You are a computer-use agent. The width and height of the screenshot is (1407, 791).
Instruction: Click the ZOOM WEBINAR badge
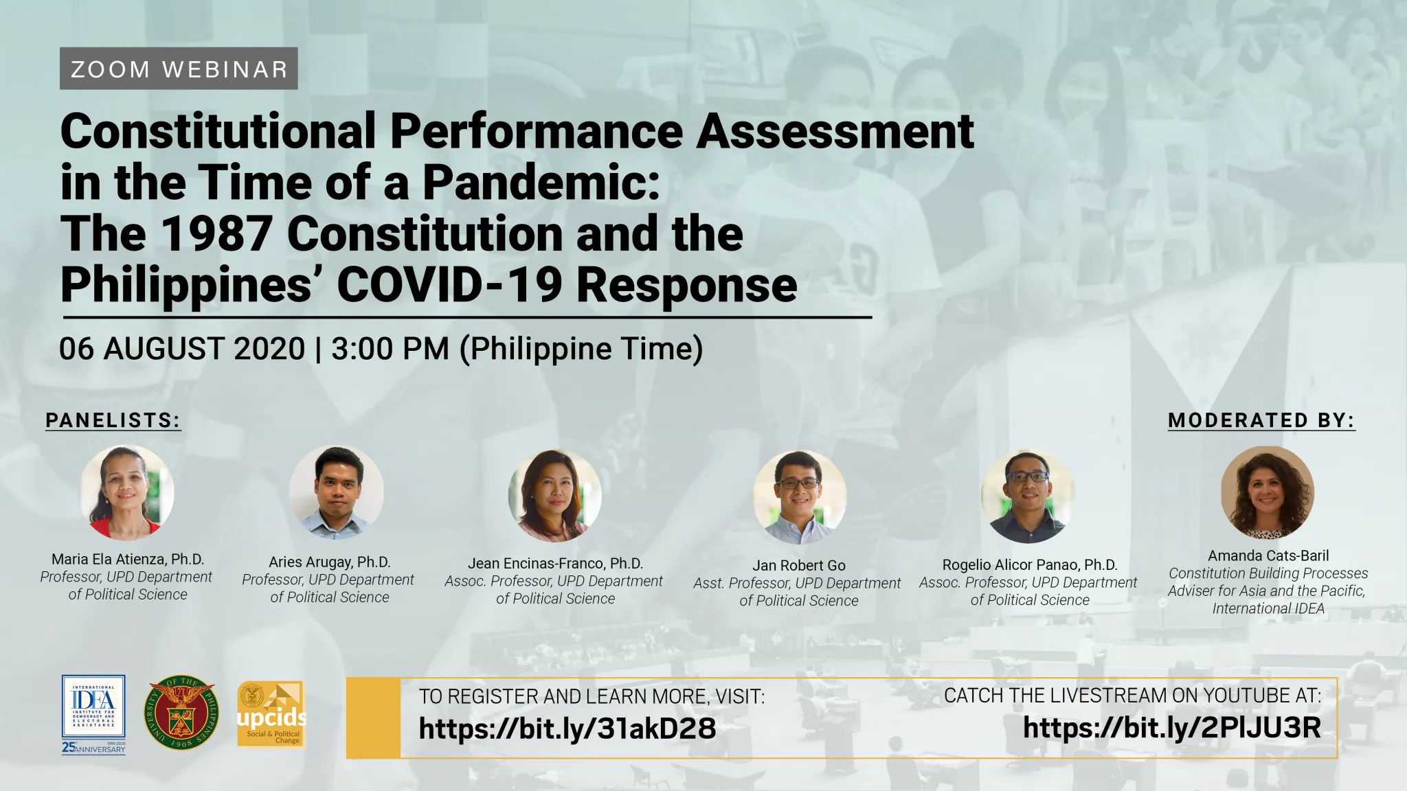(x=179, y=68)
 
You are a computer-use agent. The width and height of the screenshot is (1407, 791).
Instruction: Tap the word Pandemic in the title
(x=541, y=183)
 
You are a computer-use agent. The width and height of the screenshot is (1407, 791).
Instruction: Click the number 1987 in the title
(x=216, y=234)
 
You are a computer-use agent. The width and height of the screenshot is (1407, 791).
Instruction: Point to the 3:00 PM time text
(x=390, y=349)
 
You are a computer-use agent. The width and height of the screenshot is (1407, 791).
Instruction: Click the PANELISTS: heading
(x=113, y=420)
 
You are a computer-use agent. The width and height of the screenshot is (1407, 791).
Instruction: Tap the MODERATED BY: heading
(x=1261, y=420)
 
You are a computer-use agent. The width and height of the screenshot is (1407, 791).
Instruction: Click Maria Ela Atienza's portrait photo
(x=127, y=492)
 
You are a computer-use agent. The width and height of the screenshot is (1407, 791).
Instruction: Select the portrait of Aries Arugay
(x=336, y=492)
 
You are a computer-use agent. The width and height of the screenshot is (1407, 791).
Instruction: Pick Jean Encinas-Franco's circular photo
(x=555, y=496)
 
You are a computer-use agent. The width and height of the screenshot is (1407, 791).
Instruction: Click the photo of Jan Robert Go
(x=800, y=497)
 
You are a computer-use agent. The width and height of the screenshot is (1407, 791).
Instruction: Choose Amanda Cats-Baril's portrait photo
(x=1268, y=493)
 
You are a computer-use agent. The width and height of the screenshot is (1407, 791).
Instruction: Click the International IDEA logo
(x=93, y=714)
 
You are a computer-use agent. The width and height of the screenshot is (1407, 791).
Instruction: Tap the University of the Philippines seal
(x=181, y=711)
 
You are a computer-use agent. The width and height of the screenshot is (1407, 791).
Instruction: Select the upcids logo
(x=271, y=714)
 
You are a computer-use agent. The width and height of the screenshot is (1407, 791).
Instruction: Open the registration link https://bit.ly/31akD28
(x=567, y=729)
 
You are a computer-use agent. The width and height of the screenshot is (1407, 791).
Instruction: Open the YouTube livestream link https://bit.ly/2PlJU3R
(x=1172, y=728)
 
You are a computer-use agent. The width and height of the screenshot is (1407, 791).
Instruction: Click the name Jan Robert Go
(x=799, y=565)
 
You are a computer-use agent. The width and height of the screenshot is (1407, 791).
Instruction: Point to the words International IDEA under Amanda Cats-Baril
(x=1268, y=608)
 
